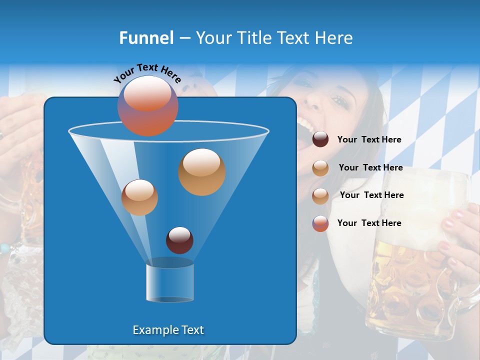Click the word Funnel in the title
point(146,38)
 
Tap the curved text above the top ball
point(147,73)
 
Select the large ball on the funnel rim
point(148,106)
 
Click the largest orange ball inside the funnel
point(202,171)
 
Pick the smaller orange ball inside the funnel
point(139,197)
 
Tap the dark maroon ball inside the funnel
point(179,240)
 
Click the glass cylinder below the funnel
point(170,282)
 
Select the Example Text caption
point(168,330)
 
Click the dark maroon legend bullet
point(320,139)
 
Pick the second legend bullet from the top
point(320,167)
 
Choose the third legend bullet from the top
point(320,195)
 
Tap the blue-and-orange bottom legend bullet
point(320,223)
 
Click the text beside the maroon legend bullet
point(369,140)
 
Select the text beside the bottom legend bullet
point(369,223)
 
